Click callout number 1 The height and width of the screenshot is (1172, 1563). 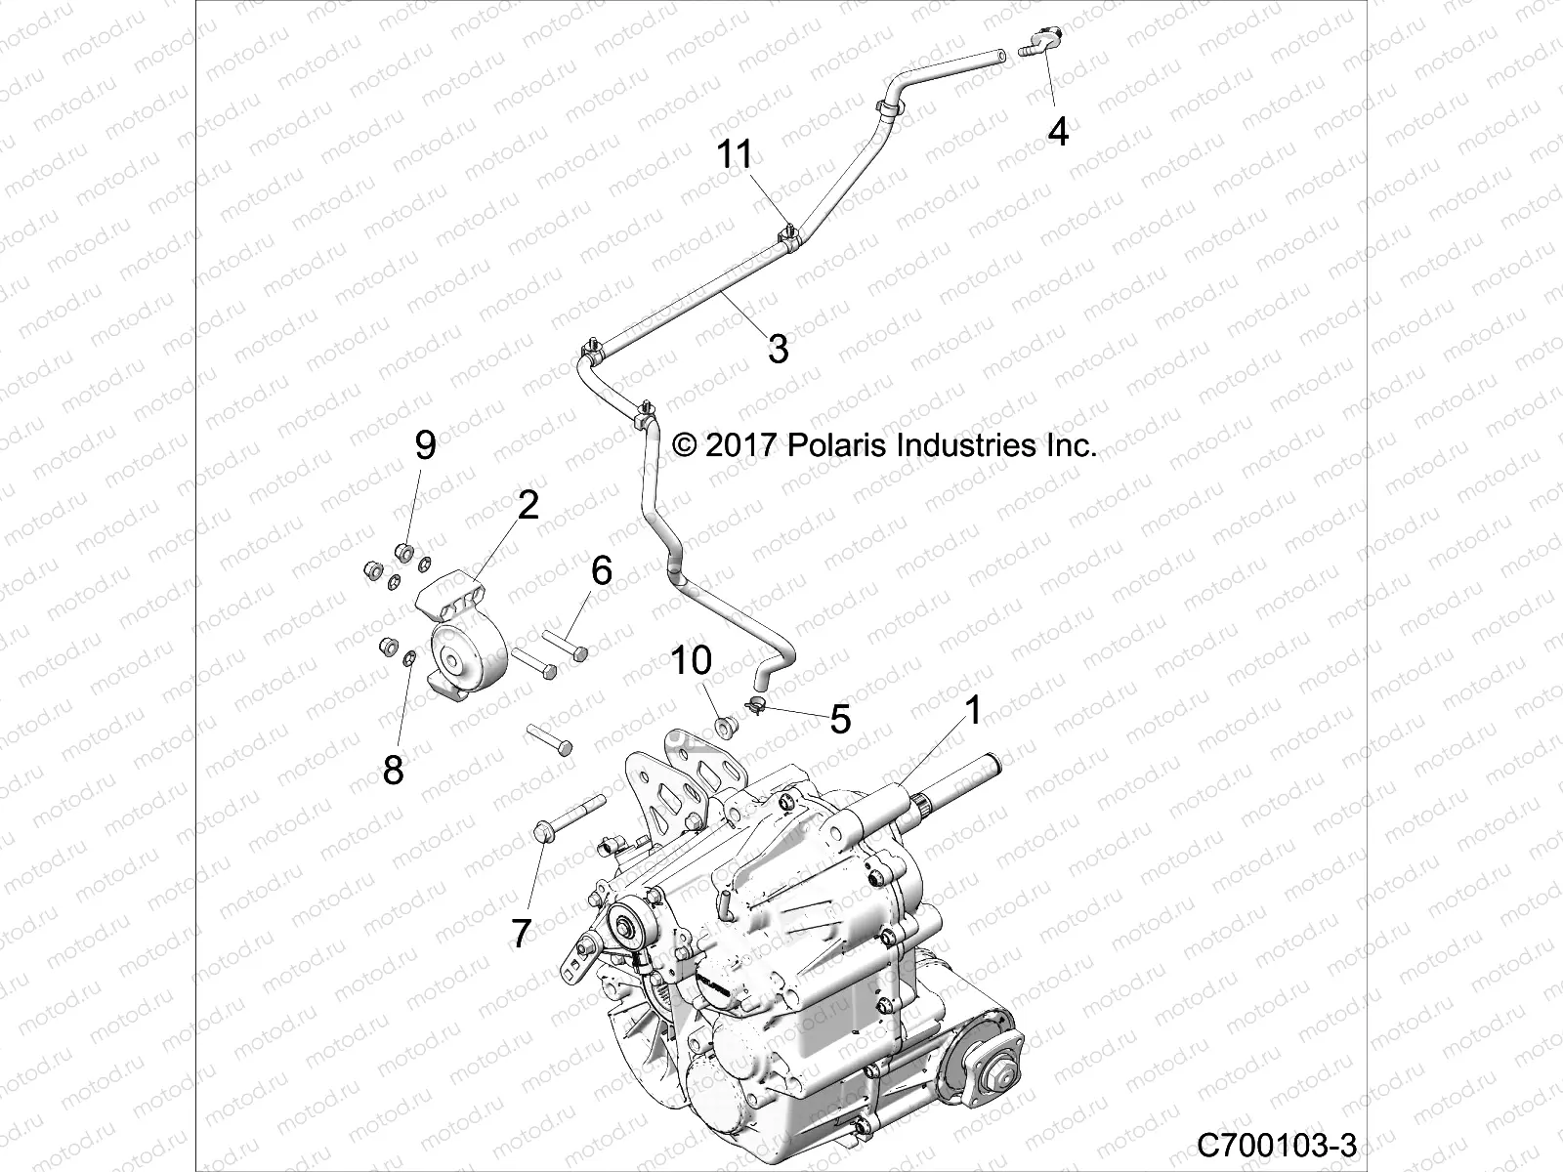tap(972, 711)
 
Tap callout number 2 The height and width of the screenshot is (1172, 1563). tap(528, 506)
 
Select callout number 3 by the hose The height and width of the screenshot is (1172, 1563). tap(778, 349)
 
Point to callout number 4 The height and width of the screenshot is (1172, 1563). tap(1058, 130)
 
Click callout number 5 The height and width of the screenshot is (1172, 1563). tap(840, 720)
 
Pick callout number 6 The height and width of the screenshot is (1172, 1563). tap(602, 569)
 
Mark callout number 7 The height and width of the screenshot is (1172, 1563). tap(522, 935)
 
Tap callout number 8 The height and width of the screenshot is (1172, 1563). tap(393, 771)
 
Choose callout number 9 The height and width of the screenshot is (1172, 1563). tap(425, 446)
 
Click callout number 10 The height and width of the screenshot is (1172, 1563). tap(691, 661)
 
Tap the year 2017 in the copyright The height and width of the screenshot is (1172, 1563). tap(739, 445)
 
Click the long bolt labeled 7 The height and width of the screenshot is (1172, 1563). tap(567, 816)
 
